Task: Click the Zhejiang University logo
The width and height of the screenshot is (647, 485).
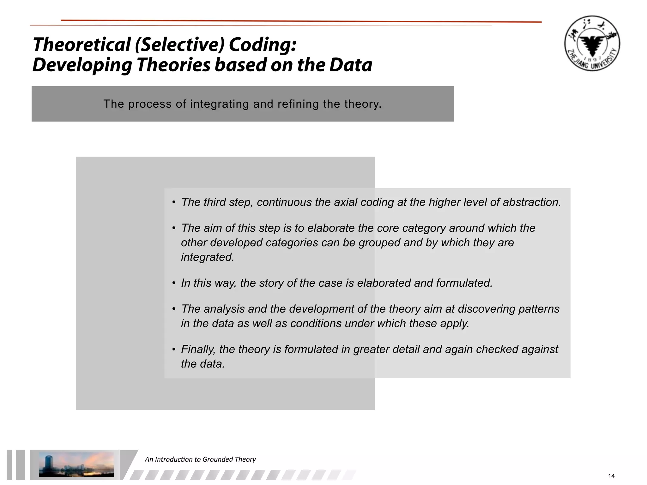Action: click(x=592, y=43)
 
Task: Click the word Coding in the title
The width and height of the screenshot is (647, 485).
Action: click(x=263, y=44)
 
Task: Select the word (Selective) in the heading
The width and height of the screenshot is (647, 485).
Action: click(x=179, y=44)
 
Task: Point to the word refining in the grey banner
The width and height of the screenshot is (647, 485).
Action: click(x=298, y=104)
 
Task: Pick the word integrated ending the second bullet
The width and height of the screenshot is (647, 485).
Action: click(x=208, y=257)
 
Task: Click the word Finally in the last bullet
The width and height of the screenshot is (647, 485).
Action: click(x=198, y=349)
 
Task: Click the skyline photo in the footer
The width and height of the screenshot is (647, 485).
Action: click(x=76, y=464)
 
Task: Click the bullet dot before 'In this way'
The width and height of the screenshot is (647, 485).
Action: click(x=174, y=283)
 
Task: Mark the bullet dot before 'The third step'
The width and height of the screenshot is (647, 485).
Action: click(x=174, y=202)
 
